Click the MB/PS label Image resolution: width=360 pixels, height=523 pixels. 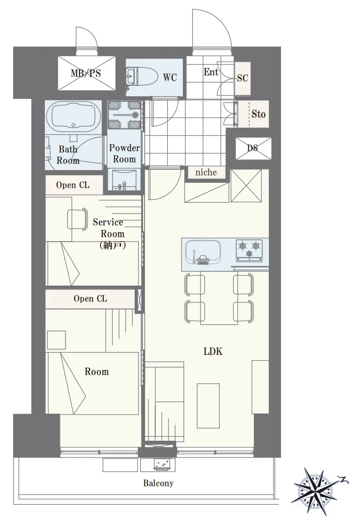[86, 73]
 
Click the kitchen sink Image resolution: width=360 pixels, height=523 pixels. [202, 251]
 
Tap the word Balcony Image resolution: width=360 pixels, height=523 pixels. [158, 483]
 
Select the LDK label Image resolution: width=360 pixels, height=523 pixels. [213, 351]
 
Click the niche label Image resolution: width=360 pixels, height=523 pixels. [206, 172]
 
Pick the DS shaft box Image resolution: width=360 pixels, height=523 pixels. [253, 148]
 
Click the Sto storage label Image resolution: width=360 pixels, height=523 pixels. [259, 114]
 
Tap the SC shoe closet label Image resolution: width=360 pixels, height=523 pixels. [243, 78]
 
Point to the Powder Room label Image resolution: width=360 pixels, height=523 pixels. [124, 153]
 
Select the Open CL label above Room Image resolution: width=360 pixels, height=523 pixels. [90, 298]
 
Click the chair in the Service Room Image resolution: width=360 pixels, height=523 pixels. [78, 219]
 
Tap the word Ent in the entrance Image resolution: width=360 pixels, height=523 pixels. [211, 72]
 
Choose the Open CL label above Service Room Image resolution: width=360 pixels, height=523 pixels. [73, 185]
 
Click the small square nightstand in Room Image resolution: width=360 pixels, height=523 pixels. [57, 340]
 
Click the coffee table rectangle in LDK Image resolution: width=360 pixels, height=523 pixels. [208, 406]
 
